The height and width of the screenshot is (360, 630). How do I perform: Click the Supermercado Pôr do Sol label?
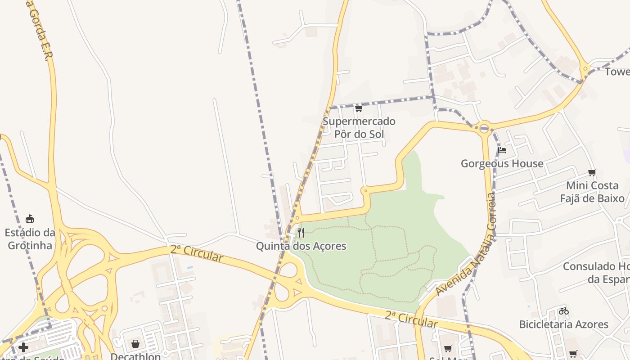click(x=359, y=127)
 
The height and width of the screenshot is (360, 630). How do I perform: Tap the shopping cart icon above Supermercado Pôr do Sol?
click(x=359, y=108)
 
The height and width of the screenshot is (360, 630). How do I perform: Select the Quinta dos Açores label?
click(x=301, y=246)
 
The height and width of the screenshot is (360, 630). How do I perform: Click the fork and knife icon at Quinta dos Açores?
click(x=301, y=233)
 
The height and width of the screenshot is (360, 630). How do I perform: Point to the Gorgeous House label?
click(x=502, y=163)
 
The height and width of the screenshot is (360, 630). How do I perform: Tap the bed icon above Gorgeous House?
click(x=502, y=150)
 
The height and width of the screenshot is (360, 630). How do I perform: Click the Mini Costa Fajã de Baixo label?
click(x=592, y=192)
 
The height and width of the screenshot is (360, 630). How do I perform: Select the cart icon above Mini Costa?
click(x=592, y=173)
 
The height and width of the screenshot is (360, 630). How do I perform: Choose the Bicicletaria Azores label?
click(x=563, y=324)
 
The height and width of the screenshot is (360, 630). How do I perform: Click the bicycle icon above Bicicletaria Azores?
click(x=563, y=311)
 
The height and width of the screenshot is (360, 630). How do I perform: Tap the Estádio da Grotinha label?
click(x=30, y=239)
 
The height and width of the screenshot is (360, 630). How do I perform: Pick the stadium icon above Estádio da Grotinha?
click(x=30, y=219)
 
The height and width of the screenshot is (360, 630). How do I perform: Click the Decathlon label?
click(x=135, y=356)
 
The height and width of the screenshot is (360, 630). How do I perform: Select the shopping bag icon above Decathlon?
click(x=135, y=344)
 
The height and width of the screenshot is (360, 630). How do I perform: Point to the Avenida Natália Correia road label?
click(x=466, y=245)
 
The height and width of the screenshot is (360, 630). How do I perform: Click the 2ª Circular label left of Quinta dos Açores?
click(x=197, y=253)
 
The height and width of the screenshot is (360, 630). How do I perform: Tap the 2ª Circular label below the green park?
click(x=411, y=319)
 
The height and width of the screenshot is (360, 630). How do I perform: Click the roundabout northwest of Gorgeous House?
click(x=484, y=128)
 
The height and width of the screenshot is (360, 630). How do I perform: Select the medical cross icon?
click(x=23, y=347)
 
